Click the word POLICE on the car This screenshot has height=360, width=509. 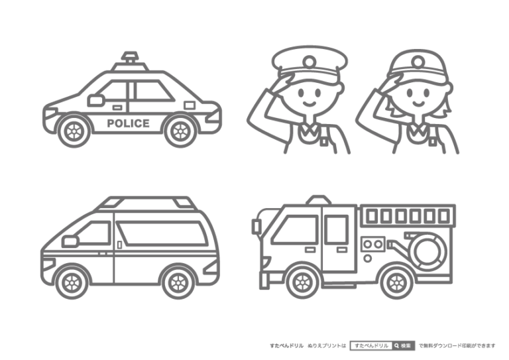(128, 123)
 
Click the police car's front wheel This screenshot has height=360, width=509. (74, 131)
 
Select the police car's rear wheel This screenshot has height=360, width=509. (180, 131)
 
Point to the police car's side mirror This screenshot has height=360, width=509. (95, 100)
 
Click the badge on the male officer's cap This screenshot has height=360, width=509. (310, 61)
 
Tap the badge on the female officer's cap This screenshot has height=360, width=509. (418, 61)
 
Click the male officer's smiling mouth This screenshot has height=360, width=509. (310, 104)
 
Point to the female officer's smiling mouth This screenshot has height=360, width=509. (418, 104)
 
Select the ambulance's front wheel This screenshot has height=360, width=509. (72, 282)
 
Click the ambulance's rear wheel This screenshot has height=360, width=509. (178, 282)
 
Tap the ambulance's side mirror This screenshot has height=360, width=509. (70, 241)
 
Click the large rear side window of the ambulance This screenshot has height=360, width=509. (161, 233)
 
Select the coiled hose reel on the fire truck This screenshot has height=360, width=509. (429, 252)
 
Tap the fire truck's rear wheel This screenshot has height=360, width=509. (397, 282)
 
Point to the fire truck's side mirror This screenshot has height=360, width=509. (256, 226)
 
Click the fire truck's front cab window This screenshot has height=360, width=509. (296, 229)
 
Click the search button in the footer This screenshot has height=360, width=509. (404, 345)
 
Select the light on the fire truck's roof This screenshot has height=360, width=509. (319, 200)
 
